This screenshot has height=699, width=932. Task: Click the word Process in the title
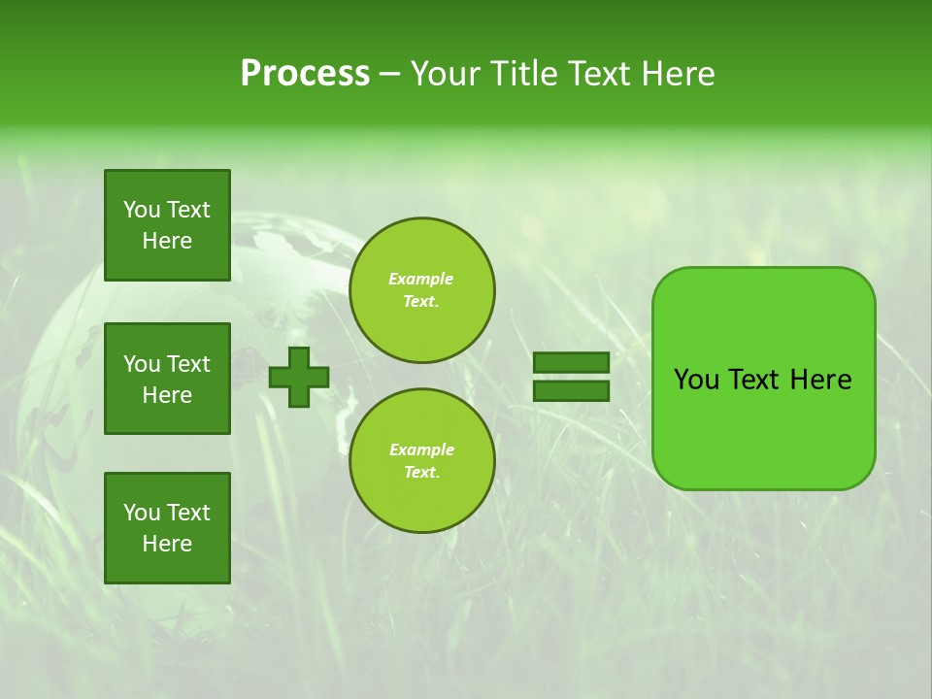click(305, 74)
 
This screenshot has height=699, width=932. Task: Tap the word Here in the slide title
click(677, 74)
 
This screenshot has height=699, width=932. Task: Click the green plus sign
click(298, 377)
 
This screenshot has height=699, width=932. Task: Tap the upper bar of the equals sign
click(571, 363)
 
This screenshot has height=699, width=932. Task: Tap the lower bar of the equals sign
click(571, 391)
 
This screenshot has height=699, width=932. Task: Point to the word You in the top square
click(142, 210)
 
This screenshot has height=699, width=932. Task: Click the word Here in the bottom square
click(167, 544)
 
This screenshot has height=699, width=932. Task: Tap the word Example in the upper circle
click(421, 279)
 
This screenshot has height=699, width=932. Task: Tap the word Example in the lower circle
click(421, 449)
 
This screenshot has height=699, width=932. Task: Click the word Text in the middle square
click(188, 364)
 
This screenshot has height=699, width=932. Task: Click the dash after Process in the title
click(389, 75)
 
